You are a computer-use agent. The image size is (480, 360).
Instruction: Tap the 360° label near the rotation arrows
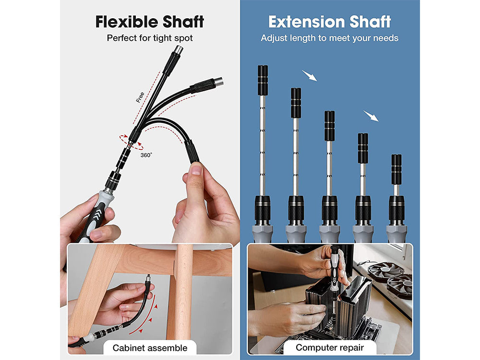pyautogui.click(x=146, y=155)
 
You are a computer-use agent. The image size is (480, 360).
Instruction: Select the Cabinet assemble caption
pyautogui.click(x=150, y=348)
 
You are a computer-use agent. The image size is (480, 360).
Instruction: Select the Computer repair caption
pyautogui.click(x=329, y=348)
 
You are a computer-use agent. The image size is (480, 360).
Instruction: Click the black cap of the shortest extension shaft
pyautogui.click(x=396, y=169)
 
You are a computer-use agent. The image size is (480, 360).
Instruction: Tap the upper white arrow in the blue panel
pyautogui.click(x=309, y=75)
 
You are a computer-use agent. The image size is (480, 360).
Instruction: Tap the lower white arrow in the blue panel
pyautogui.click(x=371, y=116)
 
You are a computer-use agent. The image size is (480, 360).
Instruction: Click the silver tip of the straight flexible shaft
pyautogui.click(x=178, y=50)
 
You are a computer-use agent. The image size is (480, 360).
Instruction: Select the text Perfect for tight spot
pyautogui.click(x=150, y=37)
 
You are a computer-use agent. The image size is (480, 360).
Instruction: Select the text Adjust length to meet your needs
pyautogui.click(x=329, y=37)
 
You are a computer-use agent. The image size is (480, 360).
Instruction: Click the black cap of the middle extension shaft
pyautogui.click(x=329, y=126)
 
